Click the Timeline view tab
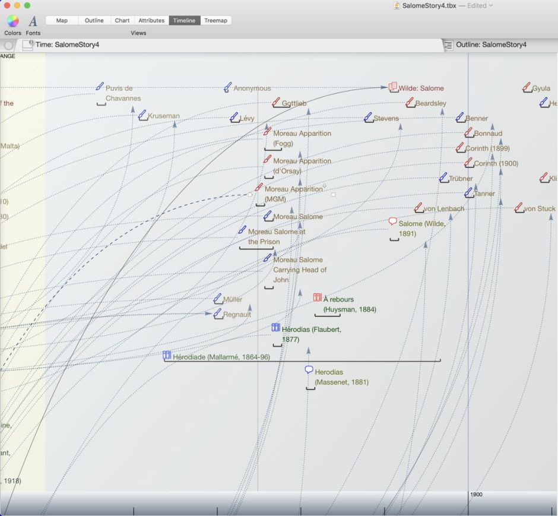pyautogui.click(x=184, y=20)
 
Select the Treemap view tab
pyautogui.click(x=215, y=20)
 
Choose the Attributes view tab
pyautogui.click(x=151, y=20)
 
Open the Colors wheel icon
pyautogui.click(x=12, y=21)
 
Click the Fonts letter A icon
pyautogui.click(x=33, y=21)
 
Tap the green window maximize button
pyautogui.click(x=27, y=5)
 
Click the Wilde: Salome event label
pyautogui.click(x=421, y=88)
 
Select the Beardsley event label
pyautogui.click(x=430, y=104)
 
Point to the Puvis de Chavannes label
pyautogui.click(x=122, y=93)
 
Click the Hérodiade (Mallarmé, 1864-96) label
pyautogui.click(x=221, y=357)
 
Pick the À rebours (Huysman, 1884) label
pyautogui.click(x=349, y=305)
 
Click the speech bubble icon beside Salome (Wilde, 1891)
pyautogui.click(x=392, y=221)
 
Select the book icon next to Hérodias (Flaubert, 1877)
pyautogui.click(x=275, y=327)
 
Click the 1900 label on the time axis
pyautogui.click(x=476, y=495)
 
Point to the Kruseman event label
pyautogui.click(x=163, y=116)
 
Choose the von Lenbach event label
pyautogui.click(x=443, y=209)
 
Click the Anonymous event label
pyautogui.click(x=252, y=88)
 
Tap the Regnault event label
pyautogui.click(x=237, y=315)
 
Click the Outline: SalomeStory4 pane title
pyautogui.click(x=491, y=45)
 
